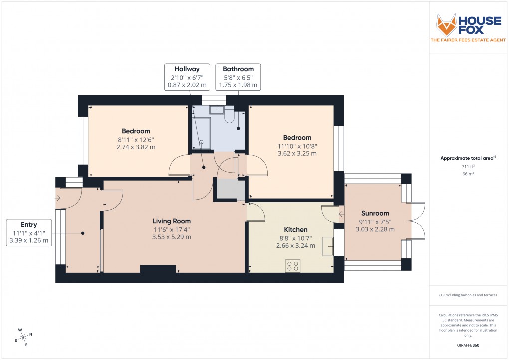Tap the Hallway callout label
[x=187, y=69]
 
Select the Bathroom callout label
[x=238, y=69]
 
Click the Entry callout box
[x=29, y=233]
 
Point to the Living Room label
[x=171, y=221]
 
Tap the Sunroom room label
[x=375, y=213]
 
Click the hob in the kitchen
[x=292, y=266]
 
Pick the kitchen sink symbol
[x=328, y=246]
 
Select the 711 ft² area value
[x=468, y=166]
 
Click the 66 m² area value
[x=468, y=173]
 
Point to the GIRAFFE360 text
[x=468, y=345]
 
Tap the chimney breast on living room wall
[x=158, y=269]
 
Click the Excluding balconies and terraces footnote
[x=468, y=295]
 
